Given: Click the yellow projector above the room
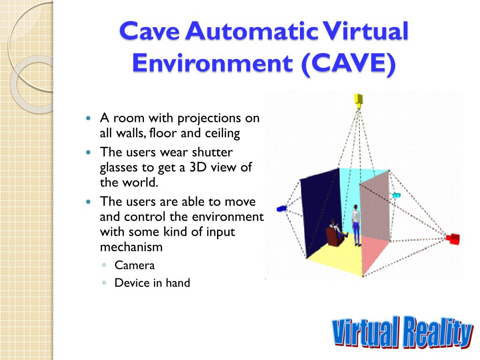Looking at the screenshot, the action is [x=359, y=101].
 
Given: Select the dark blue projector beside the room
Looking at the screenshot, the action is [x=281, y=209].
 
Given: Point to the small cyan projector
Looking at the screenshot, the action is [x=397, y=195].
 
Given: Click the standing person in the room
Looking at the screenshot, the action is [x=356, y=225].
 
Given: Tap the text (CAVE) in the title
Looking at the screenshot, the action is [x=348, y=63].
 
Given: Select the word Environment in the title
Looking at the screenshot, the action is [x=213, y=63].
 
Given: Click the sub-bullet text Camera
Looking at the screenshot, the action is [x=135, y=265].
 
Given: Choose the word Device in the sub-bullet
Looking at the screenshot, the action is [x=132, y=283].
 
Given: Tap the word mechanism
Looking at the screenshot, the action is [x=131, y=247].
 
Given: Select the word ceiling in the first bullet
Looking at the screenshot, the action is [x=222, y=134].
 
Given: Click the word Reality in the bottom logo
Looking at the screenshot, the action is [x=437, y=332].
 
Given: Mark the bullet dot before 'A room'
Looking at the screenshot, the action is [x=89, y=118].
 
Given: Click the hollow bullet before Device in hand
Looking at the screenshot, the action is [x=105, y=283].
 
